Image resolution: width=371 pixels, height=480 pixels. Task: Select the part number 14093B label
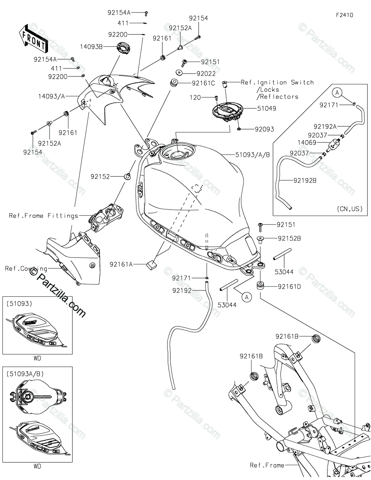[x=91, y=47]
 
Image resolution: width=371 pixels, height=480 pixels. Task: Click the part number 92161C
[x=203, y=83]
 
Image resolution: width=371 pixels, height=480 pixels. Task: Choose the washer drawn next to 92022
[x=178, y=73]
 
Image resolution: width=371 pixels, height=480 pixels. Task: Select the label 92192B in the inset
[x=305, y=180]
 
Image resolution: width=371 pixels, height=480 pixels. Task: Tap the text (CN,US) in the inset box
[x=349, y=208]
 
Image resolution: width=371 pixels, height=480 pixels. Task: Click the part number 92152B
[x=289, y=238]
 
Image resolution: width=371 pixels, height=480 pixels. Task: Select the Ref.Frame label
[x=267, y=465]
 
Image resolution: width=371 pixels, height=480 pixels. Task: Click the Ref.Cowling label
[x=26, y=268]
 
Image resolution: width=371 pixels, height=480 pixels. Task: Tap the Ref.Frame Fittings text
[x=44, y=216]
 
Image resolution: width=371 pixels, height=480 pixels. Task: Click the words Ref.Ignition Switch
[x=277, y=82]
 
